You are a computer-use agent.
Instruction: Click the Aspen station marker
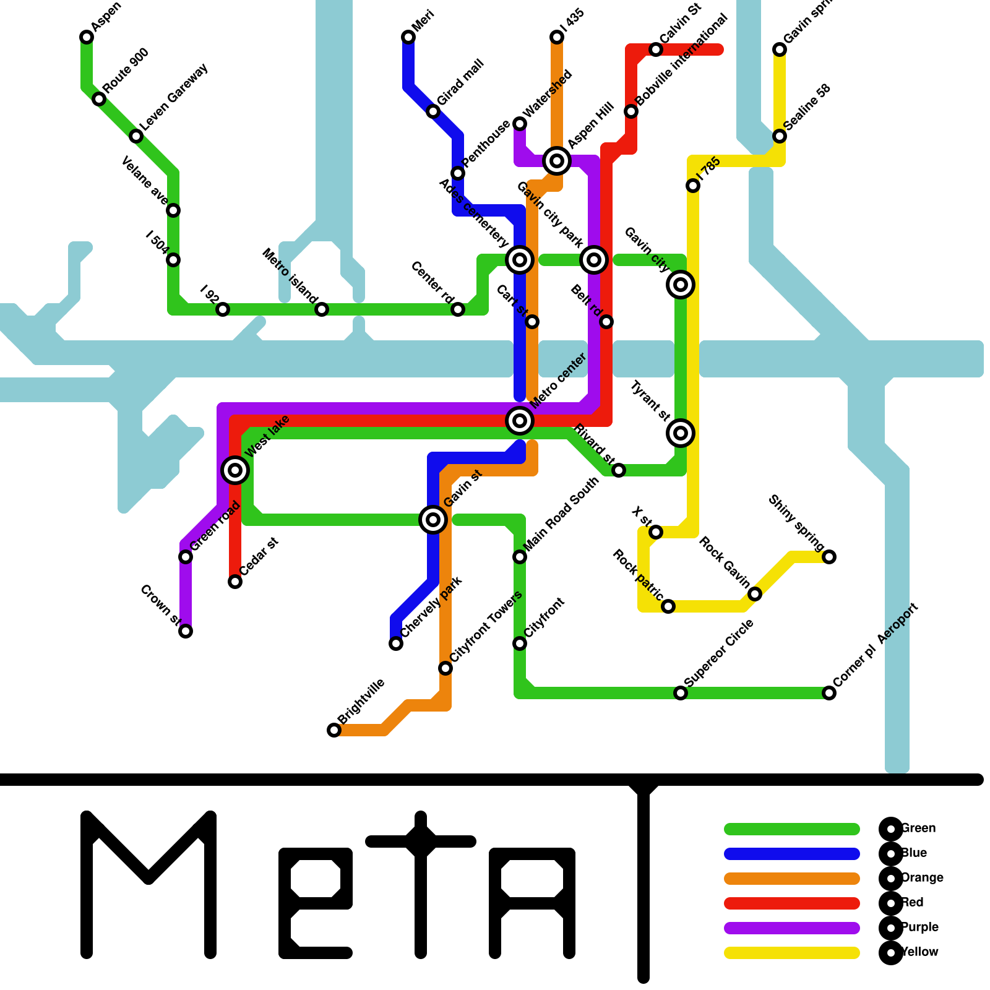(87, 37)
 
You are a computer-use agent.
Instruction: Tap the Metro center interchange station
(520, 421)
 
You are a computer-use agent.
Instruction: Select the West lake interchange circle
(235, 470)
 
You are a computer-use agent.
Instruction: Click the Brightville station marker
(334, 730)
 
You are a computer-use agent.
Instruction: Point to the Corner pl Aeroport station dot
(829, 693)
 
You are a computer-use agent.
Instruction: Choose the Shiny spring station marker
(829, 557)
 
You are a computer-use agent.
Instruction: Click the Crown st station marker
(186, 631)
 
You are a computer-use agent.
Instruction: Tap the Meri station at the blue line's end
(408, 37)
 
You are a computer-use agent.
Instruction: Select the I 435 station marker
(557, 37)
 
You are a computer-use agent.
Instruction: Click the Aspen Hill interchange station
(557, 161)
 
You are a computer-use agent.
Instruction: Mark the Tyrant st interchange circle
(681, 433)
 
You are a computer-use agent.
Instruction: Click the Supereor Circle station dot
(681, 693)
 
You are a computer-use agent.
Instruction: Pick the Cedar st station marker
(235, 582)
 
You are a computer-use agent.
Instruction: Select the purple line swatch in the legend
(792, 928)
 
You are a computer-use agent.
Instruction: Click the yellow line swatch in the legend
(792, 952)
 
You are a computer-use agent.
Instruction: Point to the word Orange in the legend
(922, 877)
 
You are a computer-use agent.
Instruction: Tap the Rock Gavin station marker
(755, 594)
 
